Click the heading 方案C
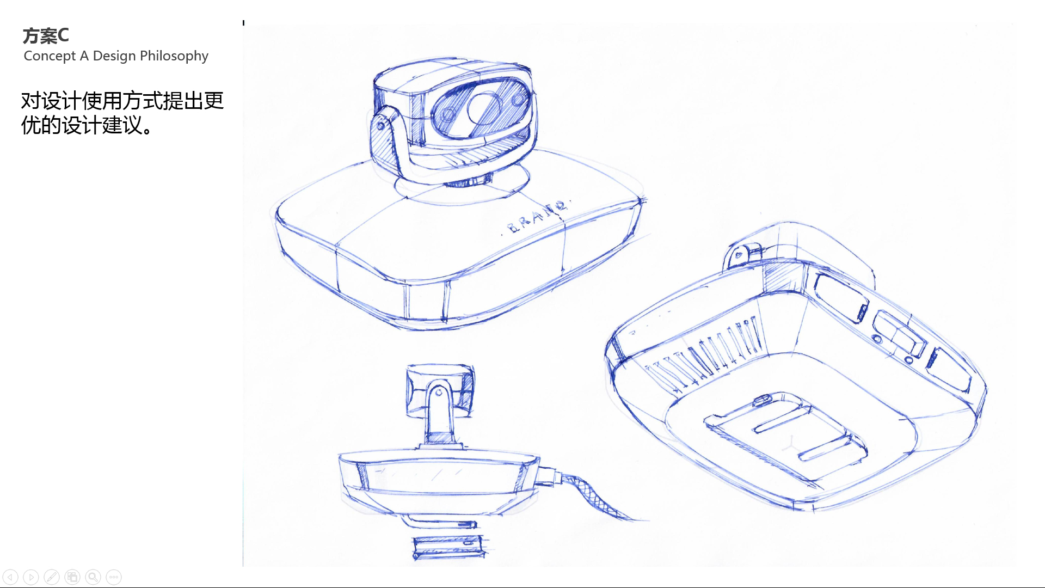(46, 36)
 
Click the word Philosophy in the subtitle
(174, 56)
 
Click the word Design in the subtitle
(114, 56)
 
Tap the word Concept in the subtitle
(50, 56)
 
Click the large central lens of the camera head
(482, 107)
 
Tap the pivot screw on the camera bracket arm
(380, 126)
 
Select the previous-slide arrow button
(10, 577)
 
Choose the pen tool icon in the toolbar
(52, 577)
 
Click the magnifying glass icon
(93, 577)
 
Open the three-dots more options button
(114, 577)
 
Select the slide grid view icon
(72, 577)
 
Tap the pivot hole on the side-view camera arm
(439, 392)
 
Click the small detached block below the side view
(448, 547)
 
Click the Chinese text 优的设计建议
(87, 125)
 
